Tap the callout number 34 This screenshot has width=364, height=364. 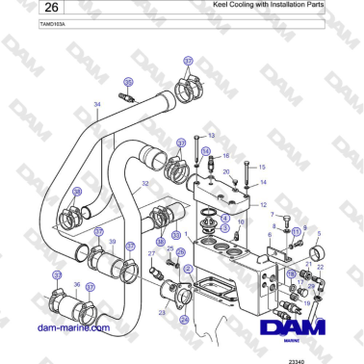pyautogui.click(x=96, y=103)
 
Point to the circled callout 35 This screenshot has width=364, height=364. pyautogui.click(x=128, y=83)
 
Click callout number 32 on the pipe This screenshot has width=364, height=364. pyautogui.click(x=144, y=183)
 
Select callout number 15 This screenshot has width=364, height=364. pyautogui.click(x=263, y=167)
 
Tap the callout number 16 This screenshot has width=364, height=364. pyautogui.click(x=226, y=155)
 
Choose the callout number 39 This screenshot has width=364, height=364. pyautogui.click(x=112, y=242)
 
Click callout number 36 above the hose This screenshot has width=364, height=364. pyautogui.click(x=77, y=285)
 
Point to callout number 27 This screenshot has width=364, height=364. pyautogui.click(x=151, y=253)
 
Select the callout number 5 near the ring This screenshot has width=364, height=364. pyautogui.click(x=320, y=233)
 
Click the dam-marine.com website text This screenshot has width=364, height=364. pyautogui.click(x=72, y=327)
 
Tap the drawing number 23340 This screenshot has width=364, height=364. pyautogui.click(x=295, y=359)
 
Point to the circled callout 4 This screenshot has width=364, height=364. pyautogui.click(x=224, y=219)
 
